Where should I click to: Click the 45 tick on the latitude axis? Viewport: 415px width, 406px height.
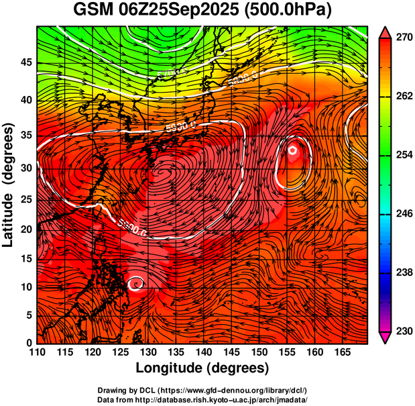coord(26,62)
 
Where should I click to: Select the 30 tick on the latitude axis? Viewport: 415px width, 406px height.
coord(26,168)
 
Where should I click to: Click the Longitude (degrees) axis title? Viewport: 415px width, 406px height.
coord(202,368)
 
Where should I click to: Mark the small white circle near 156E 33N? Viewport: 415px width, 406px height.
coord(293,150)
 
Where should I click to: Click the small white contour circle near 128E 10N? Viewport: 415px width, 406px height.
coord(136,284)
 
